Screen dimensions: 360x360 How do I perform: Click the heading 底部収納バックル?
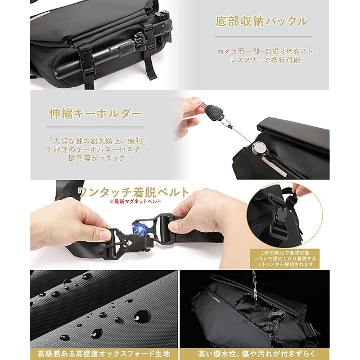[262, 21]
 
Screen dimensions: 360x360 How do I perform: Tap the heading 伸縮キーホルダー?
[95, 114]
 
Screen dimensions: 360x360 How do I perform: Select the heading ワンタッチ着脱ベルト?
[134, 192]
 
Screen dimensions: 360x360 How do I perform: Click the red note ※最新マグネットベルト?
[135, 201]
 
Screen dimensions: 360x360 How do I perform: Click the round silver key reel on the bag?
[259, 147]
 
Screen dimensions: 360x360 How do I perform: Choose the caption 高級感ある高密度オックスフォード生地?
[103, 354]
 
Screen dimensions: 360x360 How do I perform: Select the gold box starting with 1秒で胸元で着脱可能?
[285, 258]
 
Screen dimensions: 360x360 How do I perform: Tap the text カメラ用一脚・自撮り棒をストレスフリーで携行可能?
[265, 56]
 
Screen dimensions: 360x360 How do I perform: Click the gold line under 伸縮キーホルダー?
[95, 127]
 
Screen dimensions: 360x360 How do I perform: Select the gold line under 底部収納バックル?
[263, 36]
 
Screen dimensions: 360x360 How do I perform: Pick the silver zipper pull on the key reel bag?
[274, 165]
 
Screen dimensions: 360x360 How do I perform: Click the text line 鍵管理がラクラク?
[96, 158]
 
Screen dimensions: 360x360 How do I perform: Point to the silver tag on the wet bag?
[215, 298]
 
